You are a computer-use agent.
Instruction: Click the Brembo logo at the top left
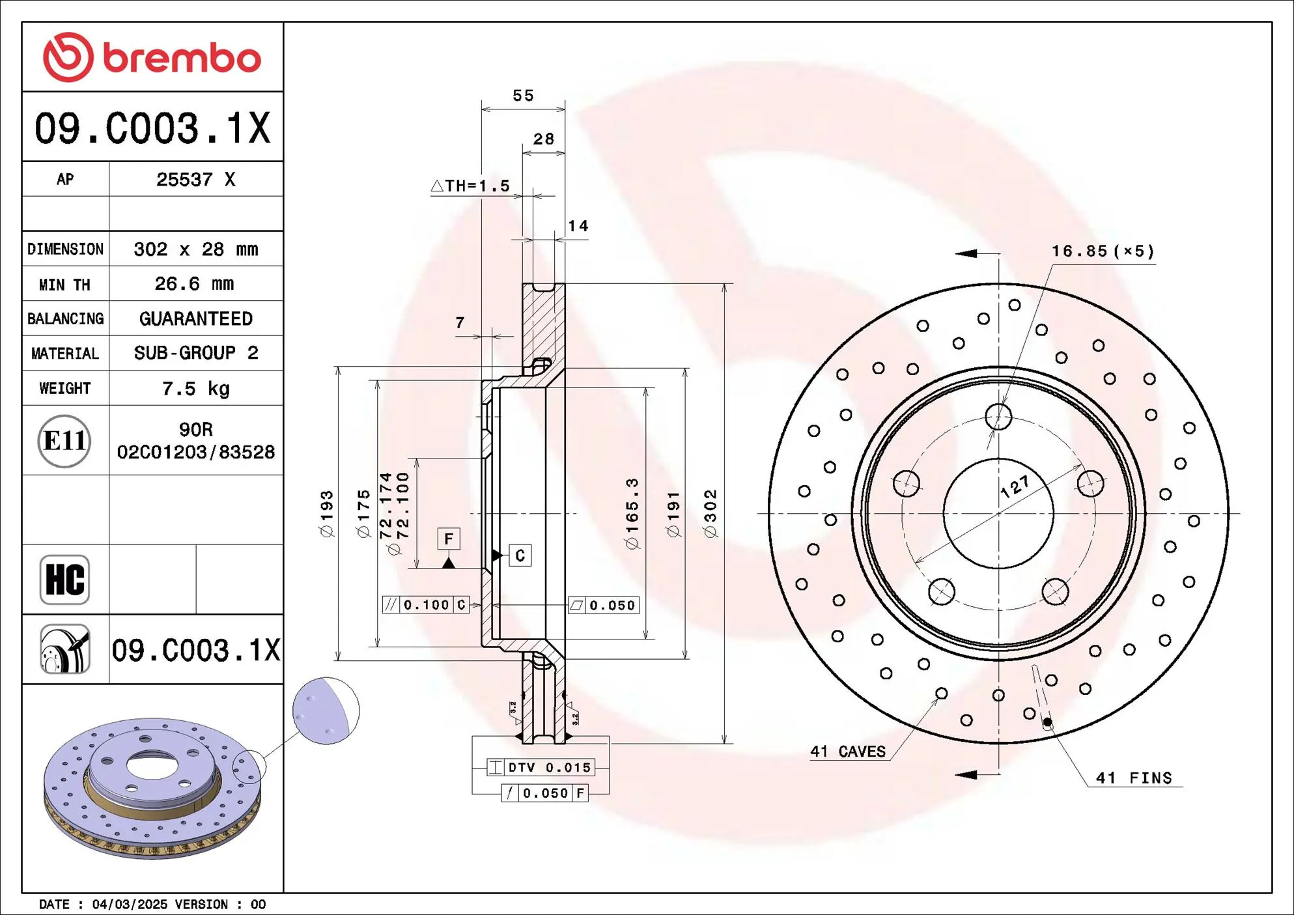click(152, 57)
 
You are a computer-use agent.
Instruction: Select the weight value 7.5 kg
click(195, 389)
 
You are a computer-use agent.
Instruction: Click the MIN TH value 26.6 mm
click(194, 284)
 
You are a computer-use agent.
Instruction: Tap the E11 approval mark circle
click(64, 441)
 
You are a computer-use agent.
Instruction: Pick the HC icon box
click(64, 580)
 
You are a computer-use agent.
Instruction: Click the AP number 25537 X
click(195, 180)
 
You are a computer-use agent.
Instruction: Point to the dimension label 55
click(523, 96)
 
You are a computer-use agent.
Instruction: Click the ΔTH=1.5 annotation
click(470, 186)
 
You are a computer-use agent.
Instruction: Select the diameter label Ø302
click(710, 513)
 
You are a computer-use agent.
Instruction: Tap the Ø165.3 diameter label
click(632, 513)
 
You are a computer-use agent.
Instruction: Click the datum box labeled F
click(449, 539)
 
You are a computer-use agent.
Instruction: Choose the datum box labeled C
click(520, 556)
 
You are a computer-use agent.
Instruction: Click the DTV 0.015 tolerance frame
click(541, 768)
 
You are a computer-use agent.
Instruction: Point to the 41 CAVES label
click(847, 752)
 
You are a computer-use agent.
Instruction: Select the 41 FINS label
click(1133, 778)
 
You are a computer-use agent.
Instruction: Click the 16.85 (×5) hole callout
click(1102, 251)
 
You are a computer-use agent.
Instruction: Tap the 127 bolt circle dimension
click(1015, 486)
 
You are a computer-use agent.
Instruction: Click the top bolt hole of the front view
click(998, 417)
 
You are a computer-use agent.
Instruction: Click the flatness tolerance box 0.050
click(604, 606)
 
